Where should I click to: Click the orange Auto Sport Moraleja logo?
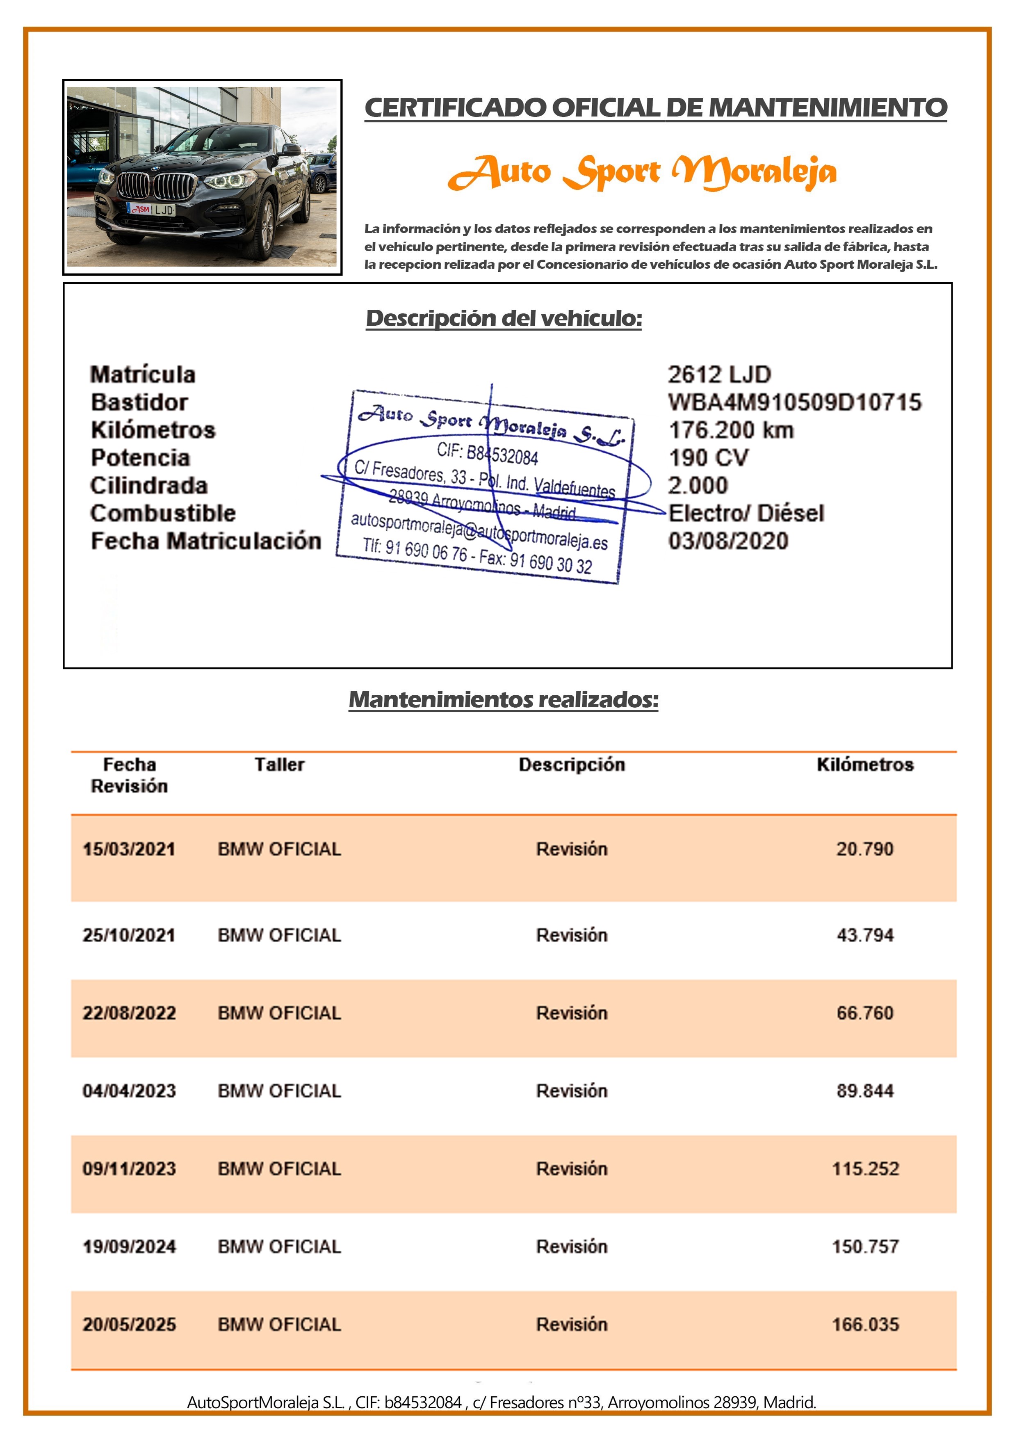642,172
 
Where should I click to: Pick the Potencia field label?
140,457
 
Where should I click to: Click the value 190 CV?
708,457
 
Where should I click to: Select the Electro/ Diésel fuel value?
746,513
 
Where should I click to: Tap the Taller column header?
280,765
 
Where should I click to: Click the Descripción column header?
572,765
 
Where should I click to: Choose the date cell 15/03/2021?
129,849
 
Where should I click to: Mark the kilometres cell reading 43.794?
865,935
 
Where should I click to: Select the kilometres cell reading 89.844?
865,1091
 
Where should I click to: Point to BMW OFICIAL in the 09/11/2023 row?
280,1169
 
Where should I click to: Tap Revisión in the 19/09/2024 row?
572,1247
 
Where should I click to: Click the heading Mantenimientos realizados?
503,699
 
